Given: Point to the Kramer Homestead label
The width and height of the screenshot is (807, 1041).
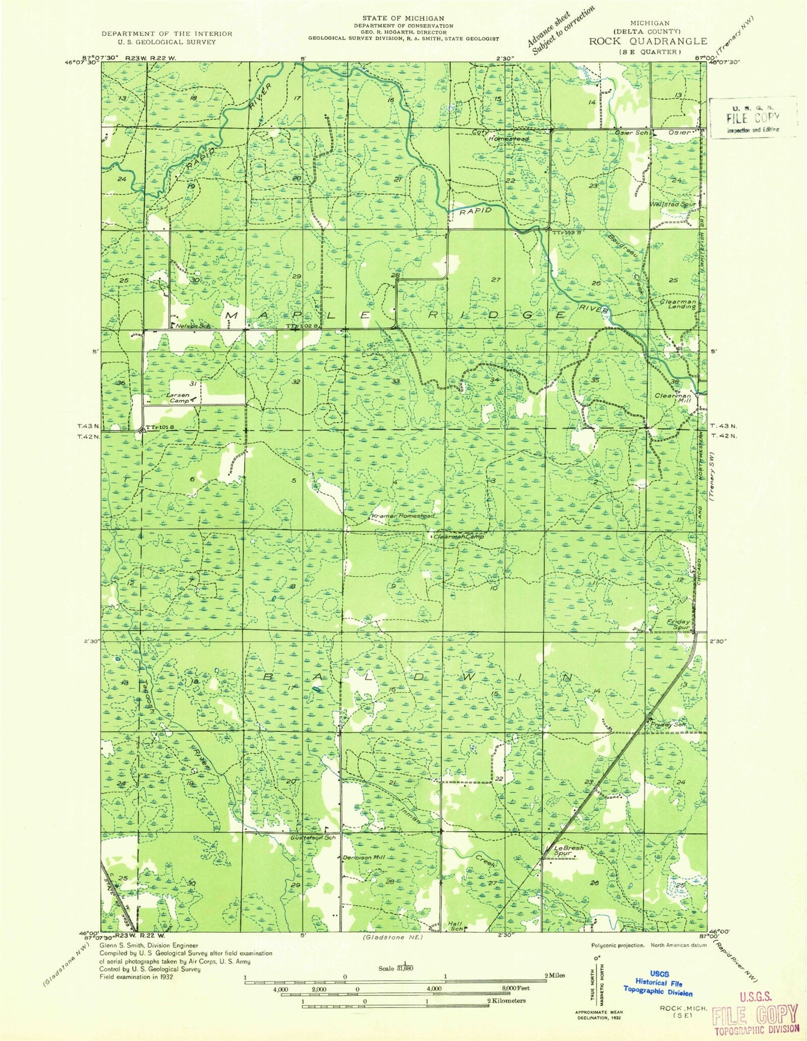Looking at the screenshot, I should click(x=403, y=516).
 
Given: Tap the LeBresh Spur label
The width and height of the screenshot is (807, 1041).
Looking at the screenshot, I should click(x=567, y=851).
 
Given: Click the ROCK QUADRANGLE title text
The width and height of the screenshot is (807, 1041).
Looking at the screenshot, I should click(x=647, y=41).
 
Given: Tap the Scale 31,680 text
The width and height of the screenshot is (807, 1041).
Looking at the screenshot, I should click(x=404, y=968).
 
